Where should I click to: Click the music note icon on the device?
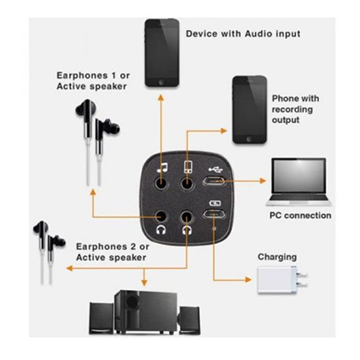(162, 168)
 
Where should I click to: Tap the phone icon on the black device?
(188, 166)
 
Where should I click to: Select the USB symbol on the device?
(215, 170)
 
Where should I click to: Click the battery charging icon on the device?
(215, 203)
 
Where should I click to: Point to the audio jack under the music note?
(161, 183)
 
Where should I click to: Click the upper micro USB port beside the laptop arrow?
(214, 181)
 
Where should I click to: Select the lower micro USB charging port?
(214, 214)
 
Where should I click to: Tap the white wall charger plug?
(282, 280)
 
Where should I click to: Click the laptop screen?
(299, 177)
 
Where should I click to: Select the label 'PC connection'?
(300, 215)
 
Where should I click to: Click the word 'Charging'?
(277, 257)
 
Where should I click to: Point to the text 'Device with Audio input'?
(243, 34)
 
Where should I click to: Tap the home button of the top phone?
(161, 83)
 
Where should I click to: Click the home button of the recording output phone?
(249, 139)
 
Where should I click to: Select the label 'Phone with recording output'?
(295, 109)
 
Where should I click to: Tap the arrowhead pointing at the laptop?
(263, 181)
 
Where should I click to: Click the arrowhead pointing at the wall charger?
(248, 280)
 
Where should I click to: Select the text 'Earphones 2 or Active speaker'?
(113, 252)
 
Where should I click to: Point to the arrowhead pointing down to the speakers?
(144, 282)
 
